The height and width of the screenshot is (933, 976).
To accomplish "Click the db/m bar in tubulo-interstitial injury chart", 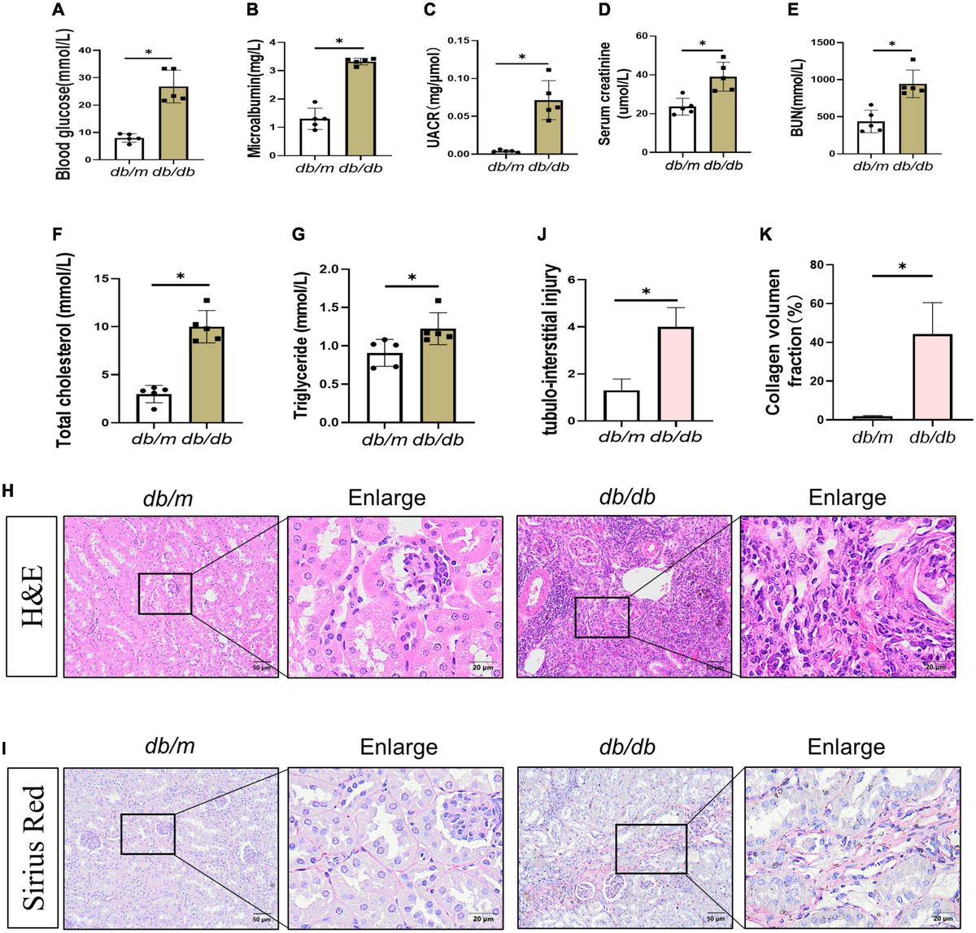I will [x=622, y=405].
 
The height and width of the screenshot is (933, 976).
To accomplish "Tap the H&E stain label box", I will [x=33, y=596].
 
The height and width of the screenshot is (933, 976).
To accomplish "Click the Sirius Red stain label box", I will [x=33, y=847].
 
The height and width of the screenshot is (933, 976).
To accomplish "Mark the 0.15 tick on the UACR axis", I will [x=462, y=40].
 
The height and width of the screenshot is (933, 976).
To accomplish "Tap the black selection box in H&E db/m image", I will [x=165, y=593].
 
